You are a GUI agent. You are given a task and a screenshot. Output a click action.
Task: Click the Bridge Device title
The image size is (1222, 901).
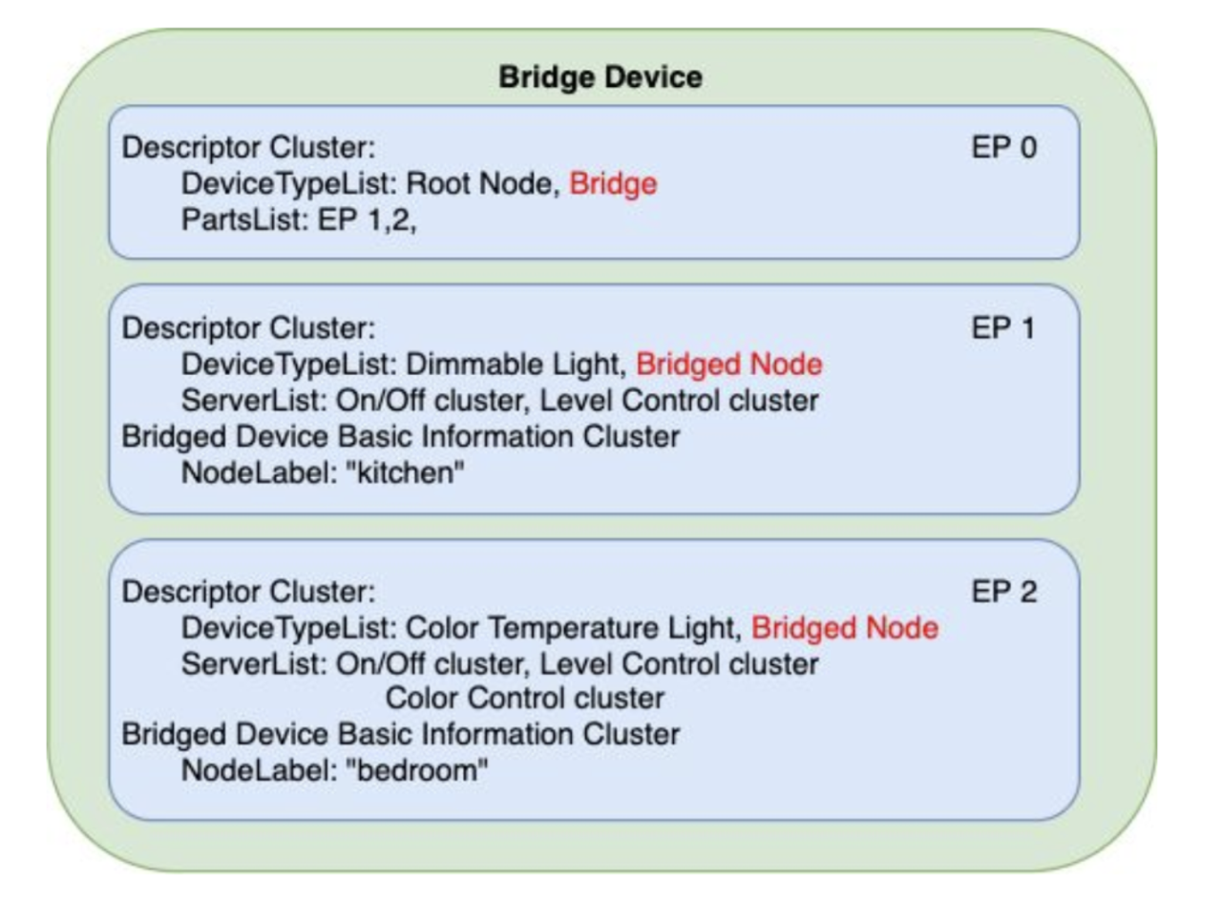pos(600,77)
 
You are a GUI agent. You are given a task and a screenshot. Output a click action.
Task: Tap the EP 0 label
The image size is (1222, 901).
pos(1003,148)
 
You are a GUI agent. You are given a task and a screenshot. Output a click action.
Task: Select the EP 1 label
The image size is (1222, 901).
pos(1003,328)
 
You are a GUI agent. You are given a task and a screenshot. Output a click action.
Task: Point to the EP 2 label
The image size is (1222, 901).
pos(1003,592)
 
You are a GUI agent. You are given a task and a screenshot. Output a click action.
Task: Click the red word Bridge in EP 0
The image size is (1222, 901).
pos(613,183)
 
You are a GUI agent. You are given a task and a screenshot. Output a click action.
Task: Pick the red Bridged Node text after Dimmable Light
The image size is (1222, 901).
pos(728,365)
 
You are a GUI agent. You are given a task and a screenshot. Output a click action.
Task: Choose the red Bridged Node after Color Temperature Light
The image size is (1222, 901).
pos(844,628)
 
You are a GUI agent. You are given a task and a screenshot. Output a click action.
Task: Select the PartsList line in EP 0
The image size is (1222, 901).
pos(300,220)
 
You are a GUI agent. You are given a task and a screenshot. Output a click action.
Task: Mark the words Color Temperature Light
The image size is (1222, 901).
pos(573,628)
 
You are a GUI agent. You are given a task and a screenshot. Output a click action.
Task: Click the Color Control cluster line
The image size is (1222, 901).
pos(524,699)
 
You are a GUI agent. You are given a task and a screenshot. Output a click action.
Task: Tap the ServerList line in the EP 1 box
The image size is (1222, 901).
pos(499,401)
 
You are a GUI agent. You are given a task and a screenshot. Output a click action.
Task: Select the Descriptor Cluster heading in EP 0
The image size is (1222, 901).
pos(248,148)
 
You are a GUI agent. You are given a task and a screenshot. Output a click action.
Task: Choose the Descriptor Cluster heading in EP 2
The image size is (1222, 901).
pos(248,592)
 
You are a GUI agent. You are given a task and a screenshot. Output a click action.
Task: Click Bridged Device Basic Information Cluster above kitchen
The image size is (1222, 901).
pos(401,437)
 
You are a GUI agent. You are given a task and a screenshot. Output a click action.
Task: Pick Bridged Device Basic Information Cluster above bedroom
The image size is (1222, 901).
pos(401,735)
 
